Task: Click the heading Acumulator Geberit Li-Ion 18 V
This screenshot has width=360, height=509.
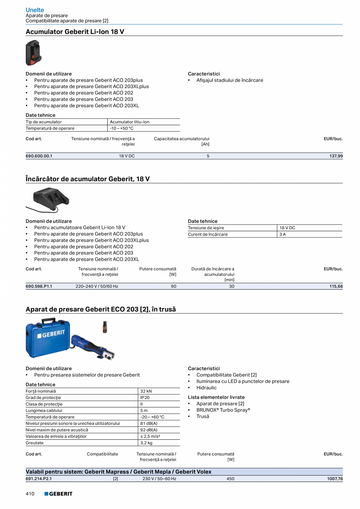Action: click(75, 32)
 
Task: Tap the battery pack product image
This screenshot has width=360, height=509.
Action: click(33, 53)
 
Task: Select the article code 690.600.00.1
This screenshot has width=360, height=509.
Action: click(39, 156)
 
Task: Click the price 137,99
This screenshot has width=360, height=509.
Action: click(336, 156)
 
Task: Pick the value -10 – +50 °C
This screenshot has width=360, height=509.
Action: click(122, 128)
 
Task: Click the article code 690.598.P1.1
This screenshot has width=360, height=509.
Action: click(39, 286)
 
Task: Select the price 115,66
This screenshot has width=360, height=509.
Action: click(336, 286)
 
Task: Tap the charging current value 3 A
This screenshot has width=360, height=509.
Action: click(283, 234)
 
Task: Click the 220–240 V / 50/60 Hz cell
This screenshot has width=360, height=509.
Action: click(97, 286)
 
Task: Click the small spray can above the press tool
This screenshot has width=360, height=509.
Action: click(105, 327)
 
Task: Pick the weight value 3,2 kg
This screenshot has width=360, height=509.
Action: click(146, 443)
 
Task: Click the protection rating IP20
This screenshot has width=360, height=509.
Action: click(145, 397)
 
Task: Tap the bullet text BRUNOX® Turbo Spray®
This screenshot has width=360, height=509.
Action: click(223, 410)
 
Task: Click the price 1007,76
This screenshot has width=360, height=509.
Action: click(335, 478)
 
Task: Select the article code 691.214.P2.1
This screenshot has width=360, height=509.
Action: click(39, 478)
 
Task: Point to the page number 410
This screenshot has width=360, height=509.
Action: click(30, 494)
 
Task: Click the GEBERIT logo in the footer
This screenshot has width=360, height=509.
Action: click(58, 494)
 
